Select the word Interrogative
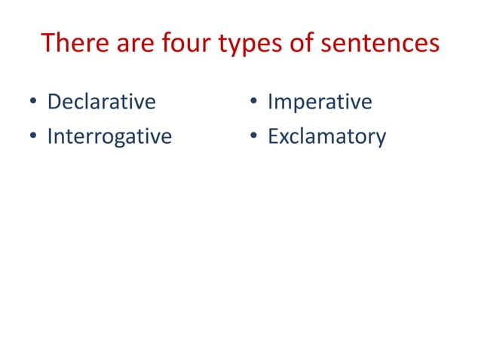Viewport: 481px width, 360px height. pyautogui.click(x=109, y=137)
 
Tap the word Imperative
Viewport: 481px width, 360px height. pyautogui.click(x=320, y=101)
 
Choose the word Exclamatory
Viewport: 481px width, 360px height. pyautogui.click(x=326, y=137)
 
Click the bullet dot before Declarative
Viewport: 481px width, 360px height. pyautogui.click(x=33, y=102)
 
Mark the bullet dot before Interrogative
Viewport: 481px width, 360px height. pyautogui.click(x=33, y=138)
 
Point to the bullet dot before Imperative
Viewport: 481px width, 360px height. pyautogui.click(x=253, y=102)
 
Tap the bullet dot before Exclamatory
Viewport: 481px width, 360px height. pyautogui.click(x=253, y=138)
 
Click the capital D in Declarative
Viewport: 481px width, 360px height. pyautogui.click(x=54, y=101)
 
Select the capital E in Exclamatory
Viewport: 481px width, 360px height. pyautogui.click(x=273, y=136)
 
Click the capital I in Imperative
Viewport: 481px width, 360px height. pyautogui.click(x=271, y=101)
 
